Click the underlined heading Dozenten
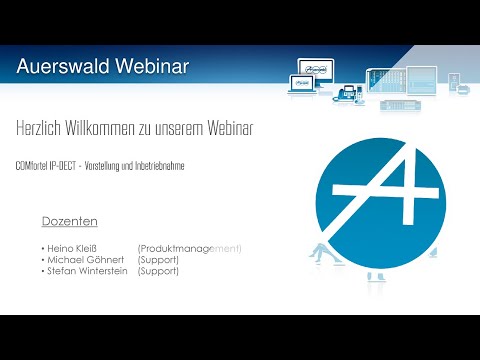click(69, 221)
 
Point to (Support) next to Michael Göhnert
click(158, 259)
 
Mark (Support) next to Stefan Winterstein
click(158, 270)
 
